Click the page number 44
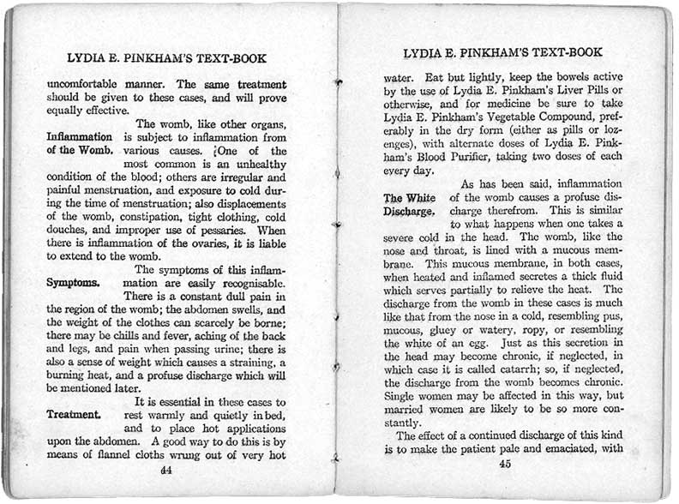tap(166, 470)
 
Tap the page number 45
tap(505, 464)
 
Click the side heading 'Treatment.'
tap(73, 414)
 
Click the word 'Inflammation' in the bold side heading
tap(79, 136)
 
